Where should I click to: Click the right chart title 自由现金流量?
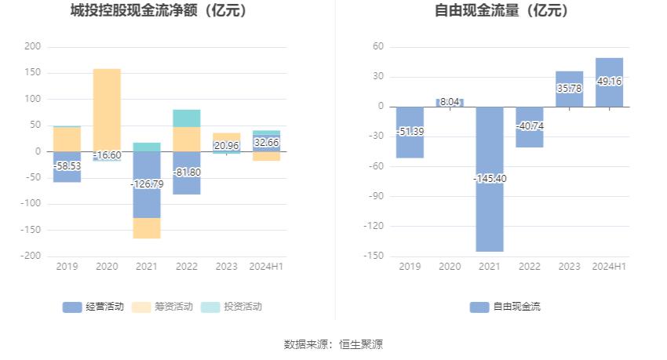(502, 11)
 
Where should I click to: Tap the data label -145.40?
(490, 179)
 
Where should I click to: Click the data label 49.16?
(609, 81)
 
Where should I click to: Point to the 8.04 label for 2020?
(450, 102)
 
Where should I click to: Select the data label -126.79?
(147, 184)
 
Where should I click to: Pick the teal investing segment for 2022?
(187, 118)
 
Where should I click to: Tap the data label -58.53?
(67, 166)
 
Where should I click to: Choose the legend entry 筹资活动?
(155, 307)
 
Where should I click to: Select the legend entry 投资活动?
(224, 307)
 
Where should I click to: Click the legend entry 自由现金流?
(506, 307)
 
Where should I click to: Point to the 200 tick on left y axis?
(32, 47)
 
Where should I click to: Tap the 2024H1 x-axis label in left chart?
(266, 267)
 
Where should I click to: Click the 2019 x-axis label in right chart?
(410, 267)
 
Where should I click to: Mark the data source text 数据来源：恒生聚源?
(333, 344)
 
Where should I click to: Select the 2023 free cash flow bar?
(570, 89)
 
